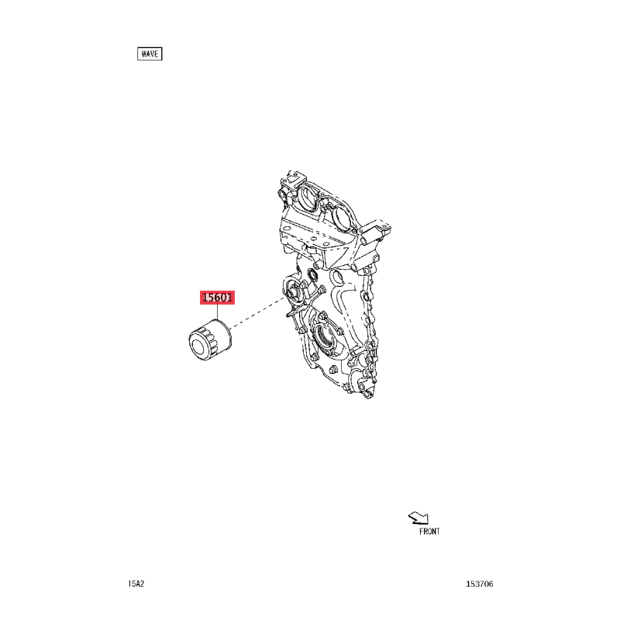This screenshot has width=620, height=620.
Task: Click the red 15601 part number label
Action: click(x=217, y=298)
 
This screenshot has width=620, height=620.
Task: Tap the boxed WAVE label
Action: click(x=150, y=53)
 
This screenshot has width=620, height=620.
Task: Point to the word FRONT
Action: click(x=429, y=532)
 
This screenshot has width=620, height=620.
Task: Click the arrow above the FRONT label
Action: click(x=419, y=518)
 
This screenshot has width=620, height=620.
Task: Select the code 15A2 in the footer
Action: click(x=136, y=584)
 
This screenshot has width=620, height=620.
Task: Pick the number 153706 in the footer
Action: click(x=479, y=584)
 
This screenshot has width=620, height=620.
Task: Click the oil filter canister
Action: click(x=209, y=339)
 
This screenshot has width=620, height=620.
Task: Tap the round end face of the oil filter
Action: click(x=199, y=346)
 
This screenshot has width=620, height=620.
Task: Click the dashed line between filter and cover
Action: click(x=257, y=312)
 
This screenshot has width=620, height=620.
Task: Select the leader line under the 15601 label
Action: click(x=217, y=312)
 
